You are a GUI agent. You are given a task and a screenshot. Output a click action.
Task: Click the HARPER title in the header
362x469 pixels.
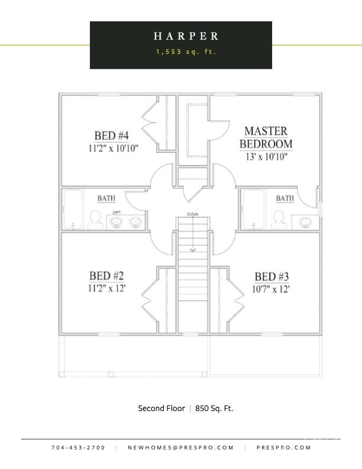click(x=186, y=36)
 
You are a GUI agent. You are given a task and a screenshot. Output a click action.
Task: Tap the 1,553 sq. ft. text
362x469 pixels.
click(x=186, y=52)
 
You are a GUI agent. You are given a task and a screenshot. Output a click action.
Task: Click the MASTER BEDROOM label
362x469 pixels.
click(x=266, y=137)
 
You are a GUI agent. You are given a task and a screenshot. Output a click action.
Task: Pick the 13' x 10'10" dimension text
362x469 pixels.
click(x=266, y=157)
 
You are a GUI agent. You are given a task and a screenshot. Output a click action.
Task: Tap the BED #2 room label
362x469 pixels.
click(x=106, y=276)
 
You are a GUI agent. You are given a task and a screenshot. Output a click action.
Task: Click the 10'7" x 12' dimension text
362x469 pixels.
click(x=271, y=290)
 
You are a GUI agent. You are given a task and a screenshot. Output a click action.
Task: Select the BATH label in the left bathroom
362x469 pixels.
click(x=106, y=198)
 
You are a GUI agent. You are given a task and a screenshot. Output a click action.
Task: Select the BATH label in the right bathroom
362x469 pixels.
click(x=285, y=198)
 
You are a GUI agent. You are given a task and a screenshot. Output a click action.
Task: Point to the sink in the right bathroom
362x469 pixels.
click(x=305, y=222)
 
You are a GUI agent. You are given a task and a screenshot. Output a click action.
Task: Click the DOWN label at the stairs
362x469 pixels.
click(x=192, y=214)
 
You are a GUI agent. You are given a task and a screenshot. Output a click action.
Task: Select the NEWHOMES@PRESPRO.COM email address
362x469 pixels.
click(x=181, y=448)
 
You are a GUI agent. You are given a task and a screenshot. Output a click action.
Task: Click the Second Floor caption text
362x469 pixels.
click(x=161, y=408)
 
